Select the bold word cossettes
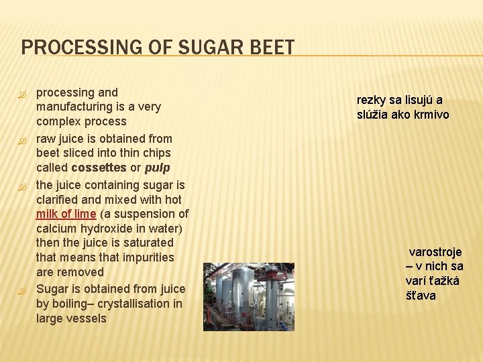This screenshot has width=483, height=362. tap(99, 168)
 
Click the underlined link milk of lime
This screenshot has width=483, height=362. tap(66, 214)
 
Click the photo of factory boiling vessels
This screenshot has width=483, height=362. tap(249, 296)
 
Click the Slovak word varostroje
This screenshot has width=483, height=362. tap(435, 252)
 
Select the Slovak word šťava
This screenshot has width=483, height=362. tap(421, 296)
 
